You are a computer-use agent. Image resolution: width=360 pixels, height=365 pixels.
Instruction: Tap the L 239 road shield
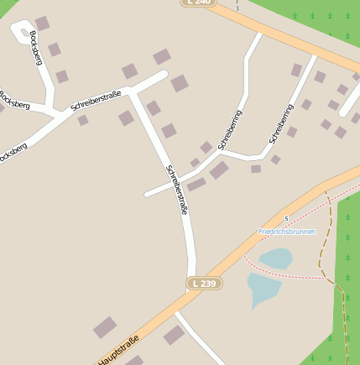pos(204,284)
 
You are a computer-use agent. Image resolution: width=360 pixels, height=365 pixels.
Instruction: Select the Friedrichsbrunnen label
pos(287,231)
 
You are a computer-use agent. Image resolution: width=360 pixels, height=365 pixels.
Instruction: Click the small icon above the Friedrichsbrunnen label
pos(286,219)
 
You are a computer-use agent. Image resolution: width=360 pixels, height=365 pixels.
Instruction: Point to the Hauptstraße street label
pos(117,352)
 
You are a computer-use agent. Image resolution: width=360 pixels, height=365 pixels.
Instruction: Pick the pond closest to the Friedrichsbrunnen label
pos(275,258)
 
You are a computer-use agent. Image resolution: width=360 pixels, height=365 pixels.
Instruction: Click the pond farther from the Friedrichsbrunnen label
pos(263,289)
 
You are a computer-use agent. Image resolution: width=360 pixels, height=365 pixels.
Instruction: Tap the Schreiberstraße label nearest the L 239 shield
pos(177,190)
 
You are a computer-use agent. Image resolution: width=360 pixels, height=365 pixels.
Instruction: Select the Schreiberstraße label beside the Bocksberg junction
pos(97,100)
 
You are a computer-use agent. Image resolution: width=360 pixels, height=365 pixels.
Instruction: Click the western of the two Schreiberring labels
pos(230,130)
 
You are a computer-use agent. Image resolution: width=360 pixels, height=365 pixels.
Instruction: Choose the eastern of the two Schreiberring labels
pos(281,123)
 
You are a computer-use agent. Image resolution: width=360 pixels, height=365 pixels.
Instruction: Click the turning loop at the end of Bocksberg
pos(19,32)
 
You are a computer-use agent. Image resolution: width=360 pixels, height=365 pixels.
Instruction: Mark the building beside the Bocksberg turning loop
pos(42,23)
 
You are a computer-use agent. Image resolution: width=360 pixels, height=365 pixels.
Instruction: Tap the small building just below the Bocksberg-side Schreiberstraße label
pos(83,120)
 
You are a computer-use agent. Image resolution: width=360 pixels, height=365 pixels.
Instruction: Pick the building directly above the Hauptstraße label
pos(105,327)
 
